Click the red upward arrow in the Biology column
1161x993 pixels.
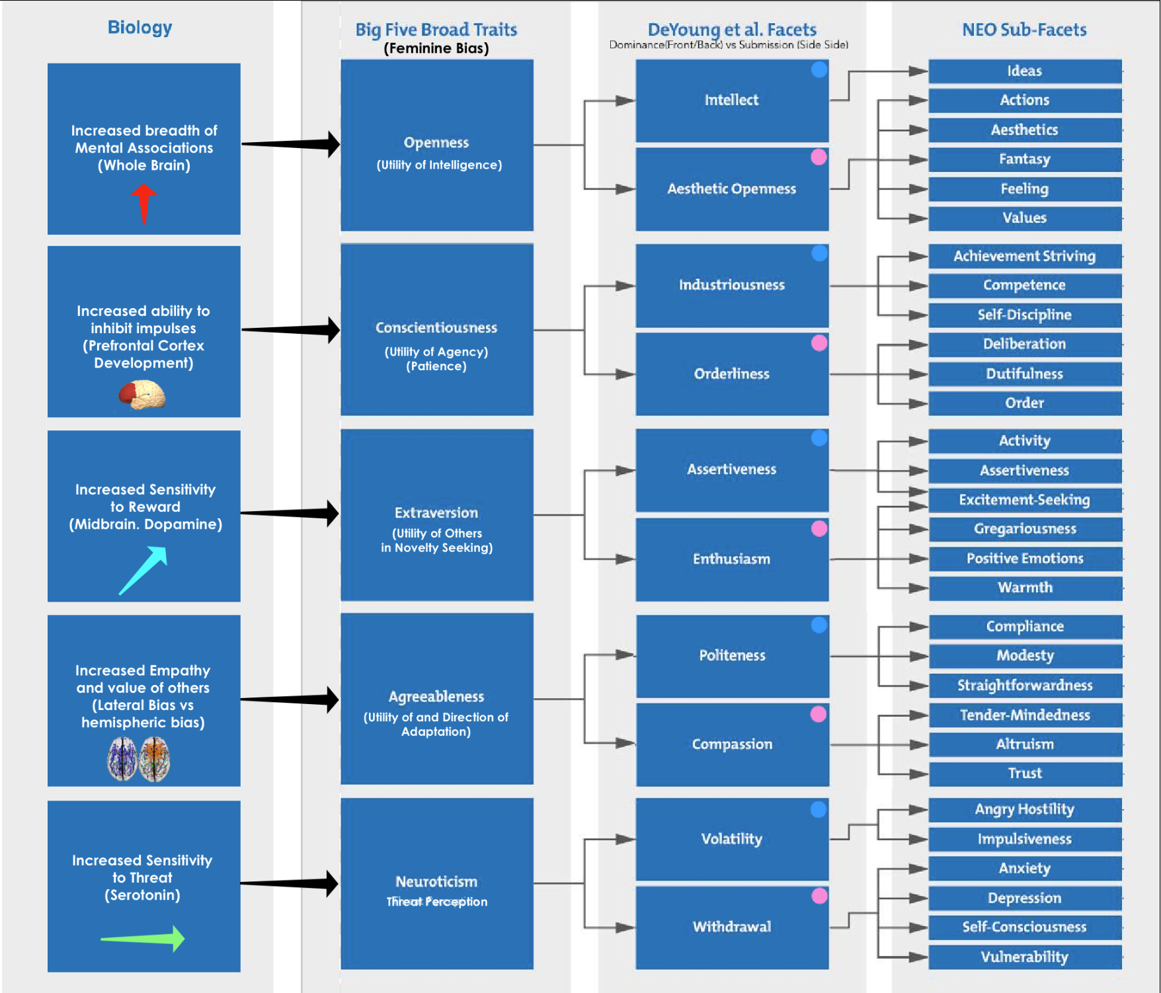143,202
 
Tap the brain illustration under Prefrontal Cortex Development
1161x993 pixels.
142,395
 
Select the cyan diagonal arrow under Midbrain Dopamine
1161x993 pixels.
143,569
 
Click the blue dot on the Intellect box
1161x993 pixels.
819,70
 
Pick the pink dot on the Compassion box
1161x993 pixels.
819,714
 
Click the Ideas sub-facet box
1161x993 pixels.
1024,71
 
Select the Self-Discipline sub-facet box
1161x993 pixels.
1024,315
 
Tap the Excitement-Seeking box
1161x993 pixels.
1024,500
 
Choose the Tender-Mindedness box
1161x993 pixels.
1025,715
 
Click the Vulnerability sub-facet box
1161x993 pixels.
1024,957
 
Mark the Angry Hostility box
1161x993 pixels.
1024,809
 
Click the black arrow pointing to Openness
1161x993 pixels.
291,143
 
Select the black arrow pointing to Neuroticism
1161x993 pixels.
290,883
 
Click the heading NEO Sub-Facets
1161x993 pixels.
1024,30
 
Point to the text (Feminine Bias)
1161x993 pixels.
436,48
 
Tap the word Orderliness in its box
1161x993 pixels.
731,374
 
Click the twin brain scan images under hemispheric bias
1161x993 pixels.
139,759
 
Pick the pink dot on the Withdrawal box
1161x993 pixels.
819,896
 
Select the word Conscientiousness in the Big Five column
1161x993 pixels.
436,327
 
